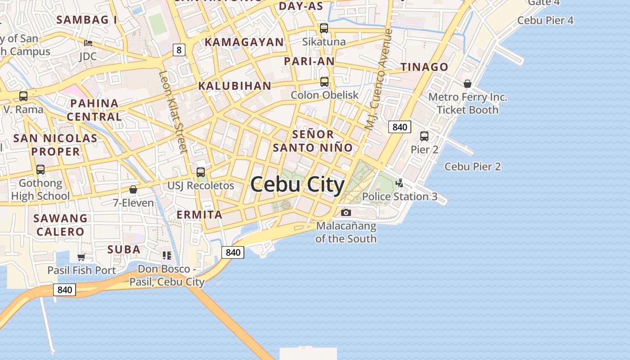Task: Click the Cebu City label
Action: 297,184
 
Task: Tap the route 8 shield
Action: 179,50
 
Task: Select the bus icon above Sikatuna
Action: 324,28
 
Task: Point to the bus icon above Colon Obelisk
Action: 324,82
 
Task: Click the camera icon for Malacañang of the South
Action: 346,212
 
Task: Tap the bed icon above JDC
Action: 88,43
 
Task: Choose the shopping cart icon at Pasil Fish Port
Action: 81,257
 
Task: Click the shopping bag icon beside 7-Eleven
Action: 133,189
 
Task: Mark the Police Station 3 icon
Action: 399,183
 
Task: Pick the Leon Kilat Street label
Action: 173,112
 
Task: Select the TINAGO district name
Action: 424,67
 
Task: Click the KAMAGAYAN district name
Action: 244,42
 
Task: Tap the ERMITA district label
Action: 199,215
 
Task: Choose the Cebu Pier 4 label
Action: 545,20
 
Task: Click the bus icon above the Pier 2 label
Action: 424,136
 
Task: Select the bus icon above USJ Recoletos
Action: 201,172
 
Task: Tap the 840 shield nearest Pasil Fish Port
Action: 64,290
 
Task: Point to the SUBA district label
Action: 124,249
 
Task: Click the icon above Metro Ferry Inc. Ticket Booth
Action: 468,84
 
